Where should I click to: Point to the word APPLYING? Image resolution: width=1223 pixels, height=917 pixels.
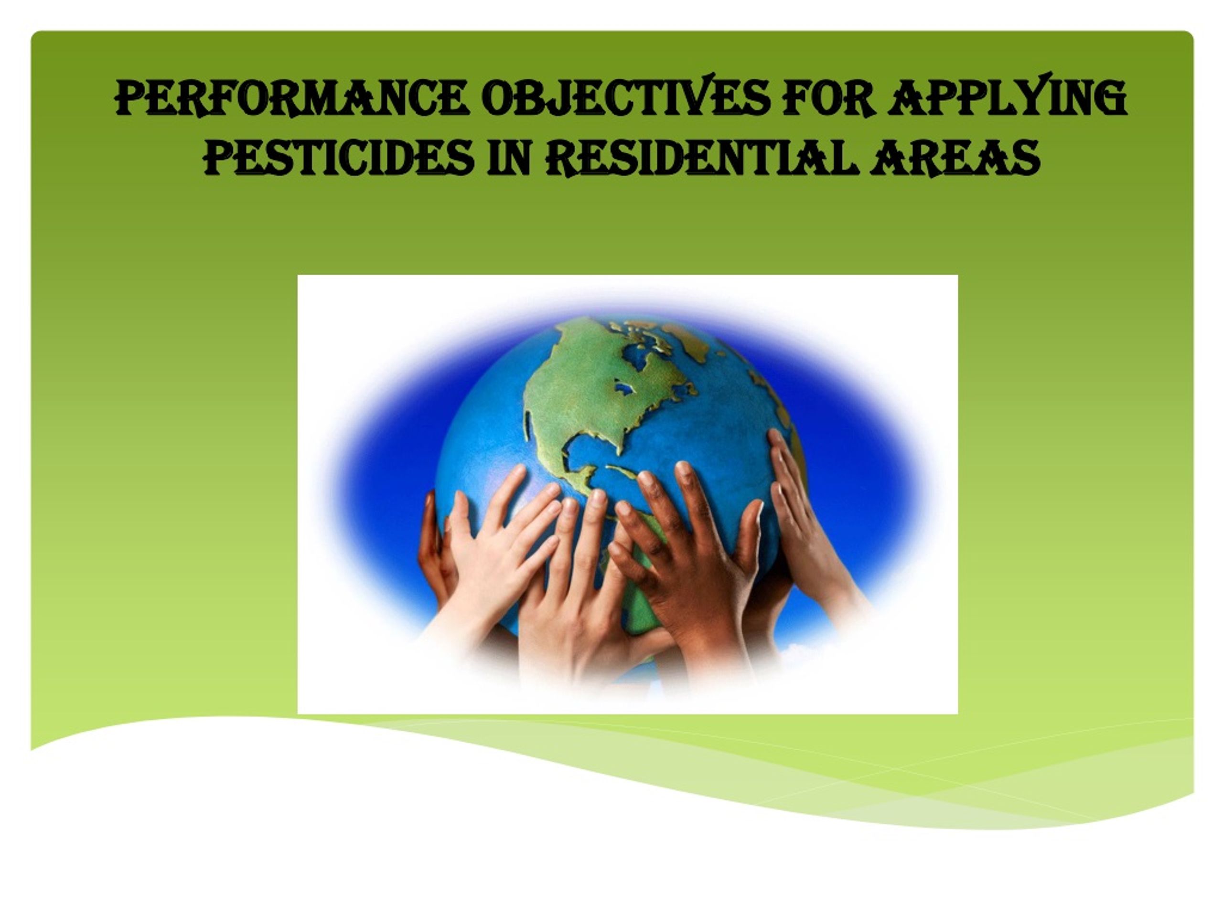[1008, 97]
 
